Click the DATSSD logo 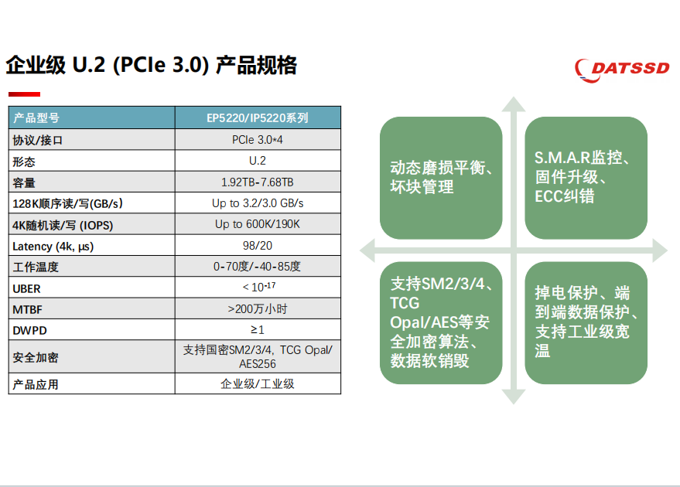[622, 70]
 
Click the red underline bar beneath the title [24, 94]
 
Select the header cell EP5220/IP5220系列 [258, 117]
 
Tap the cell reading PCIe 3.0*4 [258, 140]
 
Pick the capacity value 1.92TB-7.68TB [258, 182]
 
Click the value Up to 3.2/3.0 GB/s [258, 203]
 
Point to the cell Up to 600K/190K [258, 224]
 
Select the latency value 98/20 [258, 246]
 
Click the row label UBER [26, 288]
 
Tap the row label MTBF [27, 310]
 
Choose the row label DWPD [29, 331]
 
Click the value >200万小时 [258, 309]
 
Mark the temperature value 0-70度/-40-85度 [257, 267]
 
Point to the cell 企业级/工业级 [258, 384]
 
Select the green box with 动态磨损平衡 [441, 178]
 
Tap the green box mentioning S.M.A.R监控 [586, 178]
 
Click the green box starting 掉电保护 [586, 323]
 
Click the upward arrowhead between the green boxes [514, 104]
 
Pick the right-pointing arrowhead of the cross [660, 250]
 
